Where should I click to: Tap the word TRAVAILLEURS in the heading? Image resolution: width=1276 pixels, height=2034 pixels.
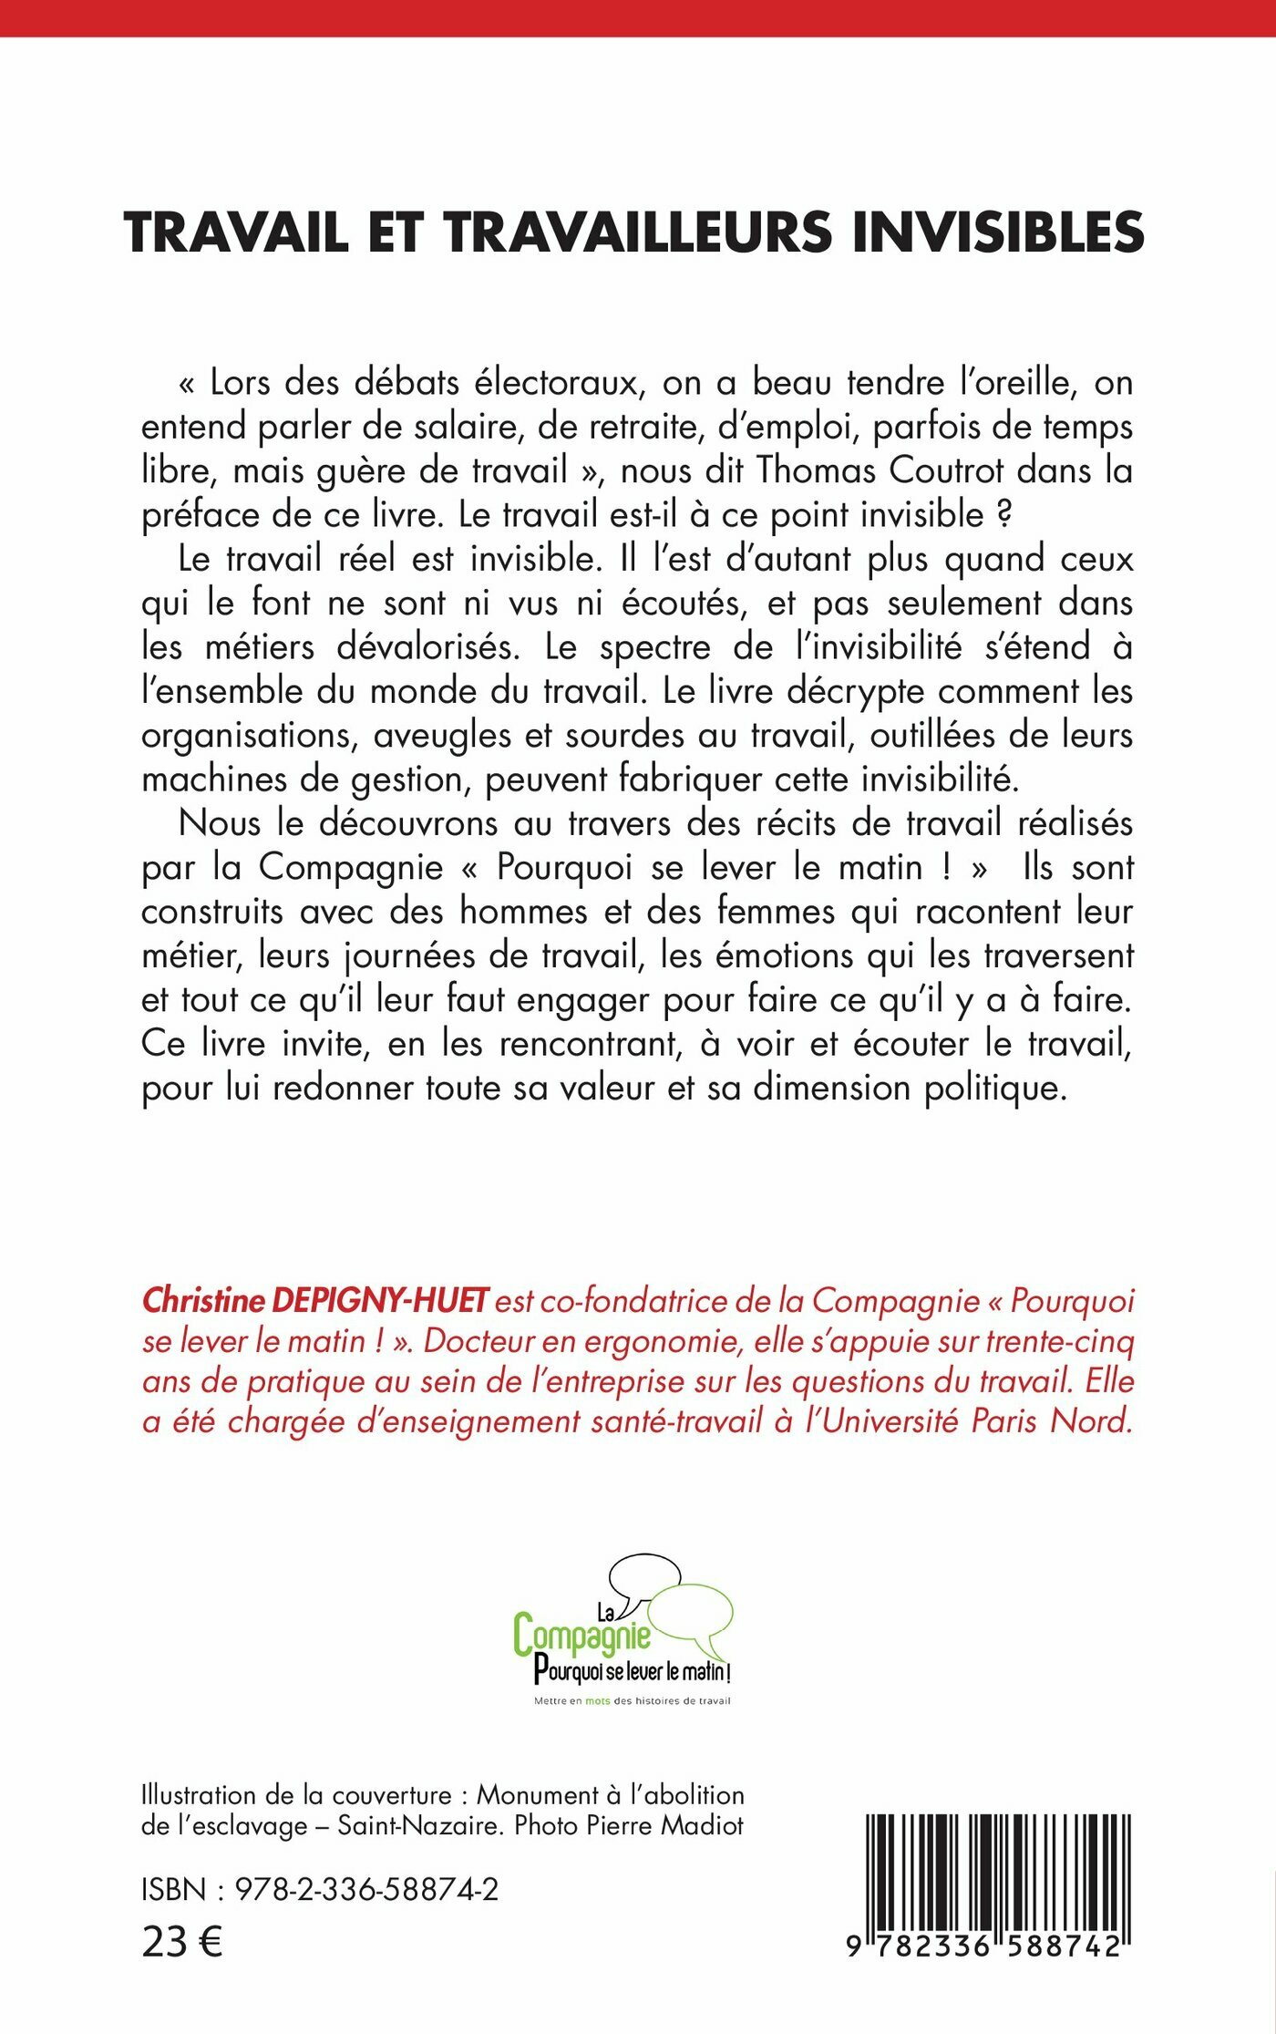tap(638, 232)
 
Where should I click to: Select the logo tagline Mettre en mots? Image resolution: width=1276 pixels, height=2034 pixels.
tap(572, 1701)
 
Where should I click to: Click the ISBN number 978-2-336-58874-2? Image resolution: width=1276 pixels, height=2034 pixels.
tap(366, 1890)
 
